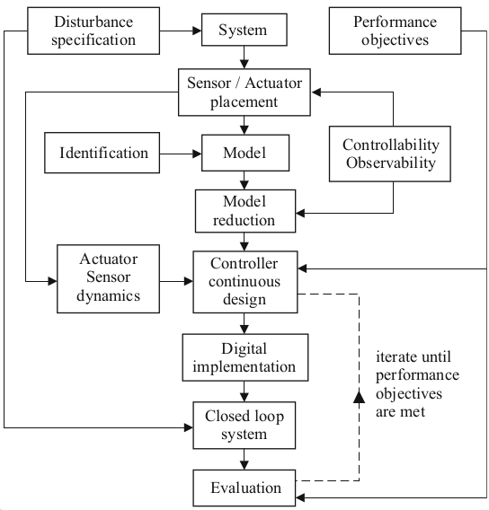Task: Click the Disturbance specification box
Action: (x=93, y=31)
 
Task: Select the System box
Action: (x=244, y=30)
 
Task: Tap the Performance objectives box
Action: (x=395, y=31)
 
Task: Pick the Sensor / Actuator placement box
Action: (x=244, y=92)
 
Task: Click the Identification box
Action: (x=102, y=153)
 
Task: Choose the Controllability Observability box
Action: (x=390, y=154)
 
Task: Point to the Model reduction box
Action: (x=245, y=211)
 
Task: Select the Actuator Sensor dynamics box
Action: (x=108, y=278)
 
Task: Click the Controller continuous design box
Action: (x=245, y=282)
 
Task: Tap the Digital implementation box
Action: (x=245, y=357)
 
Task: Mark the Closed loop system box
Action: (x=244, y=425)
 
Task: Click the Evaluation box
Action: (x=244, y=488)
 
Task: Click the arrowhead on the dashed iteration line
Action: (x=359, y=397)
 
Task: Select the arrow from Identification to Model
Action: (x=181, y=154)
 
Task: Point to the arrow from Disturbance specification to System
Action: (x=181, y=31)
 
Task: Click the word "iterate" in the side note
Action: (x=395, y=356)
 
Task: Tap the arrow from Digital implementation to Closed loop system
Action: (x=244, y=391)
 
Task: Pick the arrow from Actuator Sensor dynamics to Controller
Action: (x=176, y=281)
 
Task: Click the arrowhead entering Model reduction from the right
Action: (x=300, y=214)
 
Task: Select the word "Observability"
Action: (x=391, y=163)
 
